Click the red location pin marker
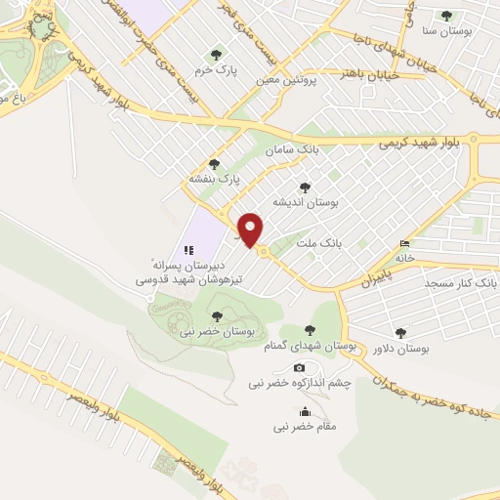point(251,229)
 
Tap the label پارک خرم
point(216,70)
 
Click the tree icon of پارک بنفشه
point(215,163)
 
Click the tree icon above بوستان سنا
point(447,16)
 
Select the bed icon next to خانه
point(405,244)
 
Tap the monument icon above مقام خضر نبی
point(306,411)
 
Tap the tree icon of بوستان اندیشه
point(305,187)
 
